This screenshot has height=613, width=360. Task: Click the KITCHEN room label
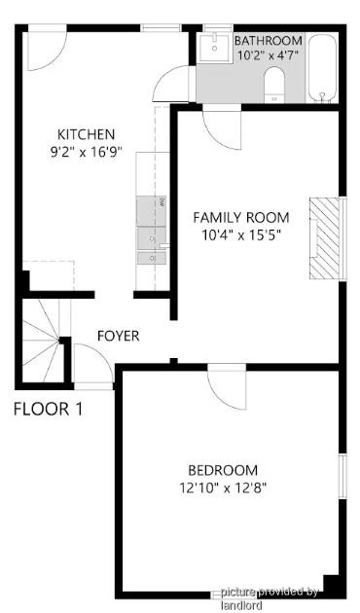click(x=86, y=134)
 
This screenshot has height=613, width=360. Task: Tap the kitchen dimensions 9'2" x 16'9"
click(x=87, y=152)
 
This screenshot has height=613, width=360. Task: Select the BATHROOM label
click(x=269, y=41)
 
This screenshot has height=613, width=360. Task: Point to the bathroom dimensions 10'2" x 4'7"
click(x=269, y=55)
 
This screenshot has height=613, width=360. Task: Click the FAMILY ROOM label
click(x=241, y=217)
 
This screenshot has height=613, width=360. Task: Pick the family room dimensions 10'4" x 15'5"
click(x=241, y=235)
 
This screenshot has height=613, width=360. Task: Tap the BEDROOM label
click(x=223, y=470)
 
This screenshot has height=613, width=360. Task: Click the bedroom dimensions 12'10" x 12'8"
click(x=223, y=487)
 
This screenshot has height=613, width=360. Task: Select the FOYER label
click(x=118, y=336)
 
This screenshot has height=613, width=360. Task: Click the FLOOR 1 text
click(x=49, y=409)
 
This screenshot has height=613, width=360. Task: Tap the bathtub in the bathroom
click(x=322, y=68)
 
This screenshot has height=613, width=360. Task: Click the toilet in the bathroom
click(x=274, y=85)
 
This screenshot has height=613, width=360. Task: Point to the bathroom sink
click(x=214, y=48)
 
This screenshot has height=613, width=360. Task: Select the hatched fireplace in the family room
click(x=324, y=238)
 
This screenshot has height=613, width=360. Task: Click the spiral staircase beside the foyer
click(x=43, y=341)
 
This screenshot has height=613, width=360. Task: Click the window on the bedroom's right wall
click(x=342, y=476)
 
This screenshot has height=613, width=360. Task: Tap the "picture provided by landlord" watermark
click(x=270, y=597)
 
